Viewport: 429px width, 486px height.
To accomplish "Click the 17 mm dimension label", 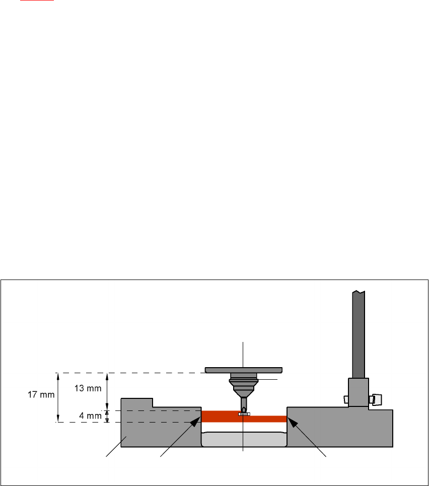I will tap(40, 395).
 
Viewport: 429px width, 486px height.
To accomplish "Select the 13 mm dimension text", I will tap(91, 388).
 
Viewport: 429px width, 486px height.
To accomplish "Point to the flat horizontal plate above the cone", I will tap(244, 370).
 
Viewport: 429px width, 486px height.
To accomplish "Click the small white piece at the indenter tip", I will tap(244, 414).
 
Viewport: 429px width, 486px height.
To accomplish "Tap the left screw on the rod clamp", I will tap(345, 399).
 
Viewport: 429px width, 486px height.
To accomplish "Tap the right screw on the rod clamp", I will tap(375, 399).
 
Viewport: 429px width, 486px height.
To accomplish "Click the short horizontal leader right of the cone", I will tap(268, 379).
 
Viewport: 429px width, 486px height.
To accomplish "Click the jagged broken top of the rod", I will tap(359, 293).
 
